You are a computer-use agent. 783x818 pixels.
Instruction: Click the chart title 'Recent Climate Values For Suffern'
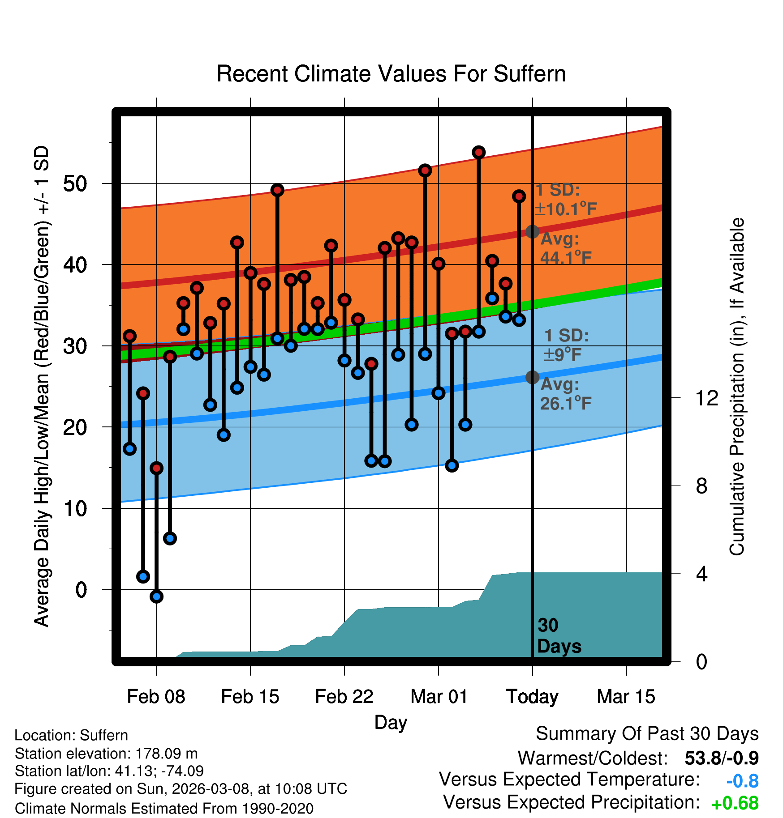[x=391, y=74]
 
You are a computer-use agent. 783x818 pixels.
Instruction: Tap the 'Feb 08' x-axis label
[x=156, y=696]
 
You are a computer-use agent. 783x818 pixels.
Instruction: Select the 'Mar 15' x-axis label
[x=626, y=696]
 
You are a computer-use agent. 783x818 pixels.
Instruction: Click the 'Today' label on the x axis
[x=532, y=696]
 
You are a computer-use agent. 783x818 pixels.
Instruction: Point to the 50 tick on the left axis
[x=75, y=183]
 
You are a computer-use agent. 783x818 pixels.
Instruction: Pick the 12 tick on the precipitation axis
[x=706, y=398]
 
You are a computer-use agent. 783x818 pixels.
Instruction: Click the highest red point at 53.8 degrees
[x=478, y=153]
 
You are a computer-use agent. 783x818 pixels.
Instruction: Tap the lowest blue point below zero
[x=156, y=596]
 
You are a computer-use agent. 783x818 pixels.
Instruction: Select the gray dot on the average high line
[x=532, y=231]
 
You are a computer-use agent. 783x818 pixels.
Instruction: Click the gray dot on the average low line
[x=532, y=377]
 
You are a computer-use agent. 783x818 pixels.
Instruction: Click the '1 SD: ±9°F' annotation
[x=566, y=345]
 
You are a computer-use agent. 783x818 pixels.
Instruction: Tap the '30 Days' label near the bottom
[x=559, y=636]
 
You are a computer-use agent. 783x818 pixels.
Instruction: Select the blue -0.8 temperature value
[x=742, y=781]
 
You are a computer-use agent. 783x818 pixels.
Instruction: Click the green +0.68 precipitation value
[x=735, y=803]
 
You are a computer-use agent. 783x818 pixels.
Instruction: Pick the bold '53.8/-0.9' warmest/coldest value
[x=722, y=758]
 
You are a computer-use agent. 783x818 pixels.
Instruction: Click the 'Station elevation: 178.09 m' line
[x=106, y=754]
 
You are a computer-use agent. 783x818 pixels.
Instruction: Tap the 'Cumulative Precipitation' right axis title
[x=737, y=387]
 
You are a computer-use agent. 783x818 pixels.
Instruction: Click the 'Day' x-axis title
[x=391, y=722]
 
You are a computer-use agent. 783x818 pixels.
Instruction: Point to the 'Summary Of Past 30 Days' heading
[x=647, y=734]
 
